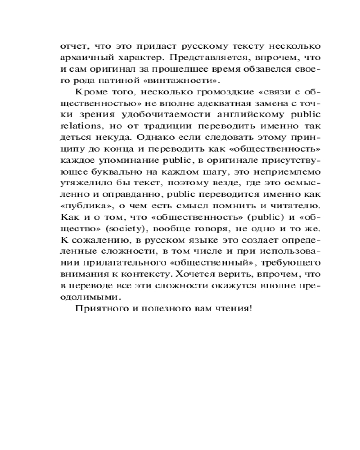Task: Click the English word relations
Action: point(77,128)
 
